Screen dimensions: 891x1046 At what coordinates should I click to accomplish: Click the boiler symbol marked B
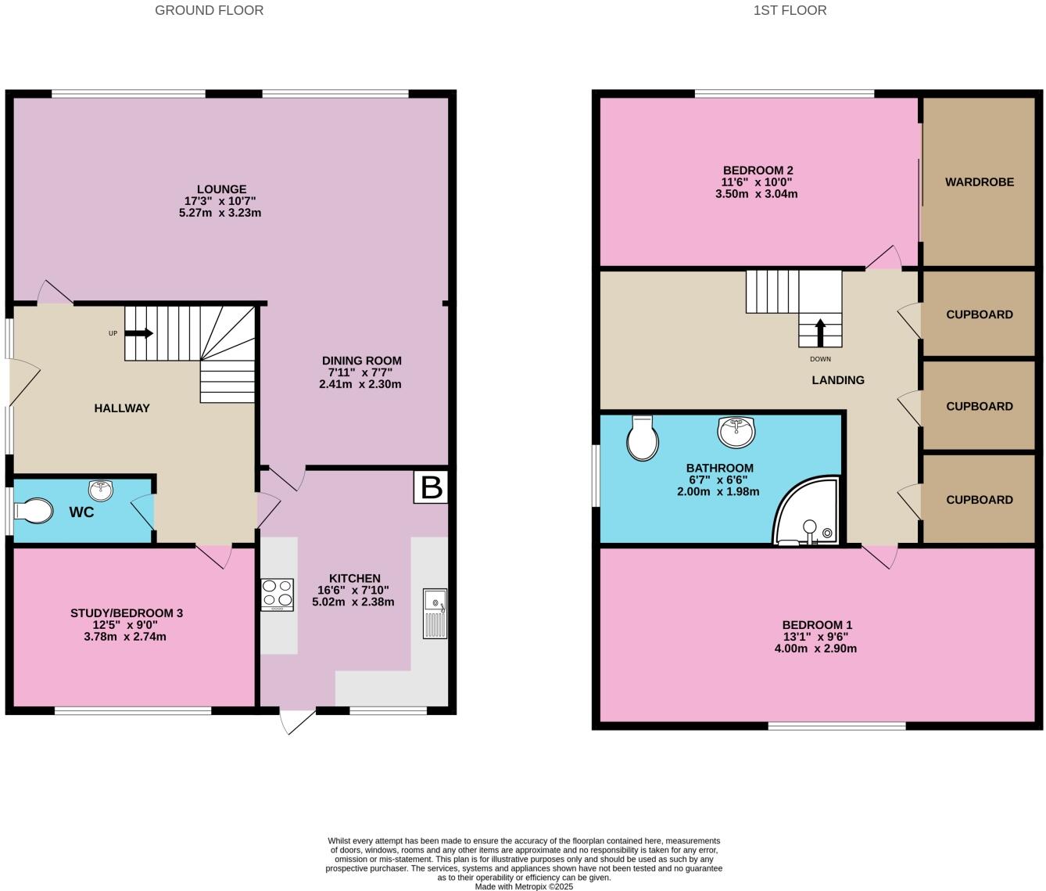(432, 487)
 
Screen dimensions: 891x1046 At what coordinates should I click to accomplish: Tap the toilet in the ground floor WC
(34, 512)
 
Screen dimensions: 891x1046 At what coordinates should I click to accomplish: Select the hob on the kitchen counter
(277, 595)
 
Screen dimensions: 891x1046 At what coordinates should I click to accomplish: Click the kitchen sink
(435, 613)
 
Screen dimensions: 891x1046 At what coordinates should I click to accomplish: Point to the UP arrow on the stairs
(138, 333)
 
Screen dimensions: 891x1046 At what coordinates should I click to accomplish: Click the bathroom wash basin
(736, 431)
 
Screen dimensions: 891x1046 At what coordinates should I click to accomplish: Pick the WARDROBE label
(979, 182)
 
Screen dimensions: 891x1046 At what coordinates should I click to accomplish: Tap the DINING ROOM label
(361, 361)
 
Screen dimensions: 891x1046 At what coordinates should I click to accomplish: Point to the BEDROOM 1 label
(817, 625)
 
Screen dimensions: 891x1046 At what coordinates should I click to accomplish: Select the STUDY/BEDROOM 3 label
(127, 613)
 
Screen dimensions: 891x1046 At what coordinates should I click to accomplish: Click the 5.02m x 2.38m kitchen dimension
(353, 602)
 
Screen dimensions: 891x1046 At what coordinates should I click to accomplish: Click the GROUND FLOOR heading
(209, 10)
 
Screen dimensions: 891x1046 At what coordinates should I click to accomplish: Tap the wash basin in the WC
(101, 490)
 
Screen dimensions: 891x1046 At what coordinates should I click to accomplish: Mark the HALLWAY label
(122, 408)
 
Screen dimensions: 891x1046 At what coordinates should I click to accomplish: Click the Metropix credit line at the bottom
(524, 886)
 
